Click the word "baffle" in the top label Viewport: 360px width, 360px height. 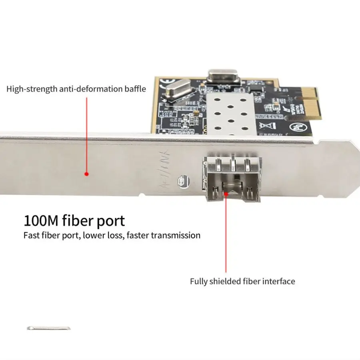coord(134,89)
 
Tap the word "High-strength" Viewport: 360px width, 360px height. coord(31,89)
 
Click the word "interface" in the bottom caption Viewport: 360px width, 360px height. coord(278,281)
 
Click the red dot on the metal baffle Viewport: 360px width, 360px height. coord(86,174)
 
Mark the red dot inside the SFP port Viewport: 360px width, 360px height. coord(226,194)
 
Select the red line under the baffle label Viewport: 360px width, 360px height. coord(86,132)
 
